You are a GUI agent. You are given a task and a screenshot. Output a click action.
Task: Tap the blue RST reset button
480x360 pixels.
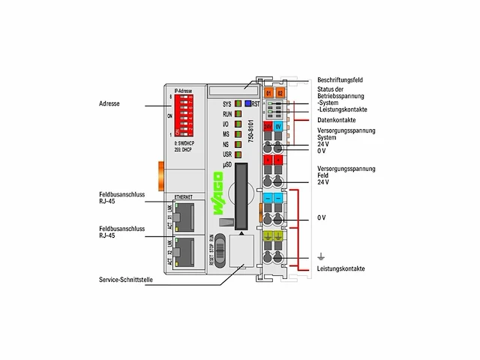click(x=247, y=103)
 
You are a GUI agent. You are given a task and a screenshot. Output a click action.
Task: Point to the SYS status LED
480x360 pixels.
click(x=236, y=103)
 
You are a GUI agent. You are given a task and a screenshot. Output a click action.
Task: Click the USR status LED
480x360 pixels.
click(x=236, y=154)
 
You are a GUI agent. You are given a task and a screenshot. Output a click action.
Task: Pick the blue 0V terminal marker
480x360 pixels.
click(x=278, y=127)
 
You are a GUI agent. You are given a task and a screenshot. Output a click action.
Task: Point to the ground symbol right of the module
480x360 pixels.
click(x=320, y=256)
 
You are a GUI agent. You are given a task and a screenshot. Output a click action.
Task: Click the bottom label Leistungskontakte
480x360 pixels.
click(x=341, y=268)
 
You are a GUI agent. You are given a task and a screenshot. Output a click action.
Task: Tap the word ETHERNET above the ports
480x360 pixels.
click(x=184, y=196)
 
